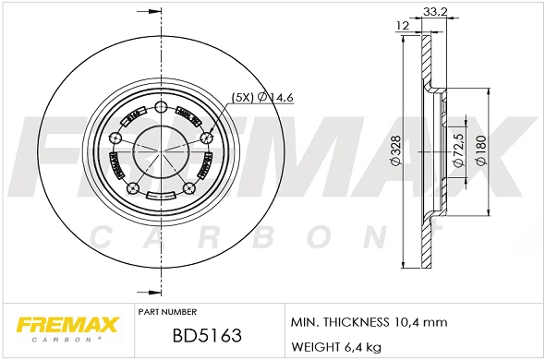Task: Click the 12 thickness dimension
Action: [403, 25]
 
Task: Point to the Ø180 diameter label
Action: [480, 149]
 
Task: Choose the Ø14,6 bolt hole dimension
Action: [275, 97]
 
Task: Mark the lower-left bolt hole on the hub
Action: [133, 189]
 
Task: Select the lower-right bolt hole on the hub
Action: [189, 189]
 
